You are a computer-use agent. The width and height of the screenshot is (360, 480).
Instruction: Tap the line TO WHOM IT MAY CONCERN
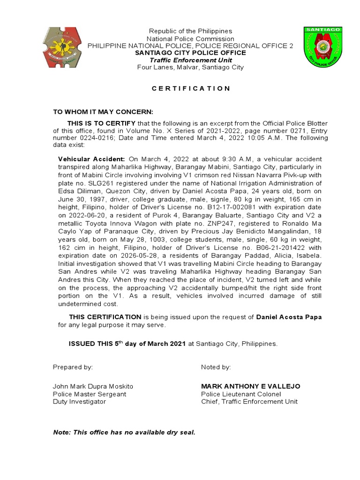tap(103, 112)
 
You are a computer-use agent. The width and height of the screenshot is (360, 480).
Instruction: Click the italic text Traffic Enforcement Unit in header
tap(190, 60)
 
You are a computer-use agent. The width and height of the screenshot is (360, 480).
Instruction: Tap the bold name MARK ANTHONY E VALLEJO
tap(251, 386)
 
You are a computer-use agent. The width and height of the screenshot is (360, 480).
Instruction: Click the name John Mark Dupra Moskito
tap(93, 386)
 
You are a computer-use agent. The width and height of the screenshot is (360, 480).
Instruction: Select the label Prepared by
tap(73, 367)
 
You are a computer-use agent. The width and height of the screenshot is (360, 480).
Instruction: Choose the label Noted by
tap(216, 367)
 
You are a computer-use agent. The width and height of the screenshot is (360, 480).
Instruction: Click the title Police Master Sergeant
tap(90, 394)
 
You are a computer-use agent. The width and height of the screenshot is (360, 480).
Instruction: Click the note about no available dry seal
tap(124, 432)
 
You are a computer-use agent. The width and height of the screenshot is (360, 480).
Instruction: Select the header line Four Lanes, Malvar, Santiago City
tap(190, 67)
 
